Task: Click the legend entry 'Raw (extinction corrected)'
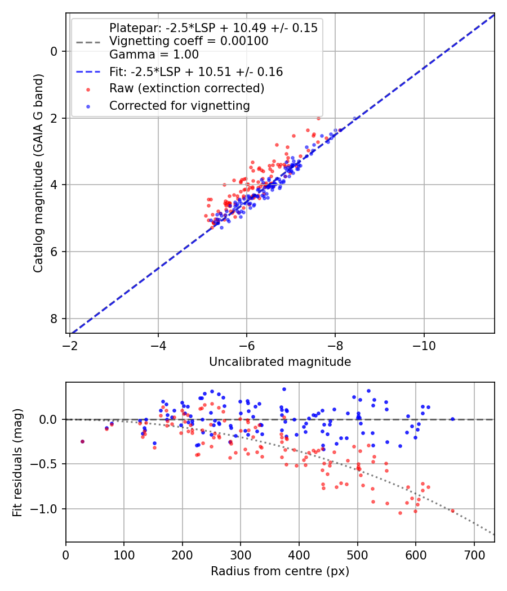[186, 88]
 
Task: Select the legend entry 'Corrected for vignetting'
[179, 105]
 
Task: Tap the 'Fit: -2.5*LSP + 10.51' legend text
[196, 72]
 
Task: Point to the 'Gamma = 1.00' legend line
[154, 55]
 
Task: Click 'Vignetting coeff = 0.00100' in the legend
[189, 41]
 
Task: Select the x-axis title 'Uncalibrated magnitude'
[280, 362]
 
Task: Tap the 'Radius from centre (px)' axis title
[280, 571]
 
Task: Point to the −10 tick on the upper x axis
[424, 345]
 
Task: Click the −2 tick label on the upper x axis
[70, 345]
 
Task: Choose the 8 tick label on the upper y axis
[54, 319]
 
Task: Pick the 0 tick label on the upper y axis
[54, 51]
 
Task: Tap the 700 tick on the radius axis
[474, 554]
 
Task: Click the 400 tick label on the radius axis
[299, 554]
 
